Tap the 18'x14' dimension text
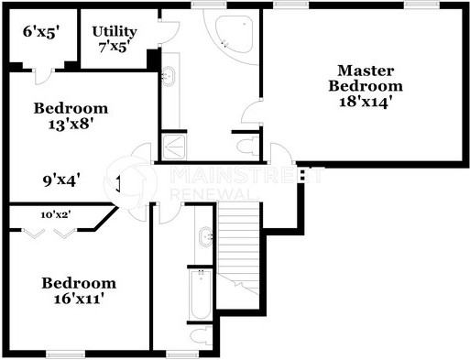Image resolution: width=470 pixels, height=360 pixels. point(370,103)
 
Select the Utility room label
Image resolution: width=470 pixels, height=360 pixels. point(115,31)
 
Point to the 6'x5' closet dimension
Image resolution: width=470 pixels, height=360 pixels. point(41,31)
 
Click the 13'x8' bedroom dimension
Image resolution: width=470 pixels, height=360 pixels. point(70,125)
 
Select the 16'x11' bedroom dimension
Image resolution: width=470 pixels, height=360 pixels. point(79,300)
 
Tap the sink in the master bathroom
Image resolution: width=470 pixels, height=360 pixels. point(169,77)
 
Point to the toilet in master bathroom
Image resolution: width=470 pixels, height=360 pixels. point(246,145)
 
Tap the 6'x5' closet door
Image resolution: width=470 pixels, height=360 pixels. point(41,73)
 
